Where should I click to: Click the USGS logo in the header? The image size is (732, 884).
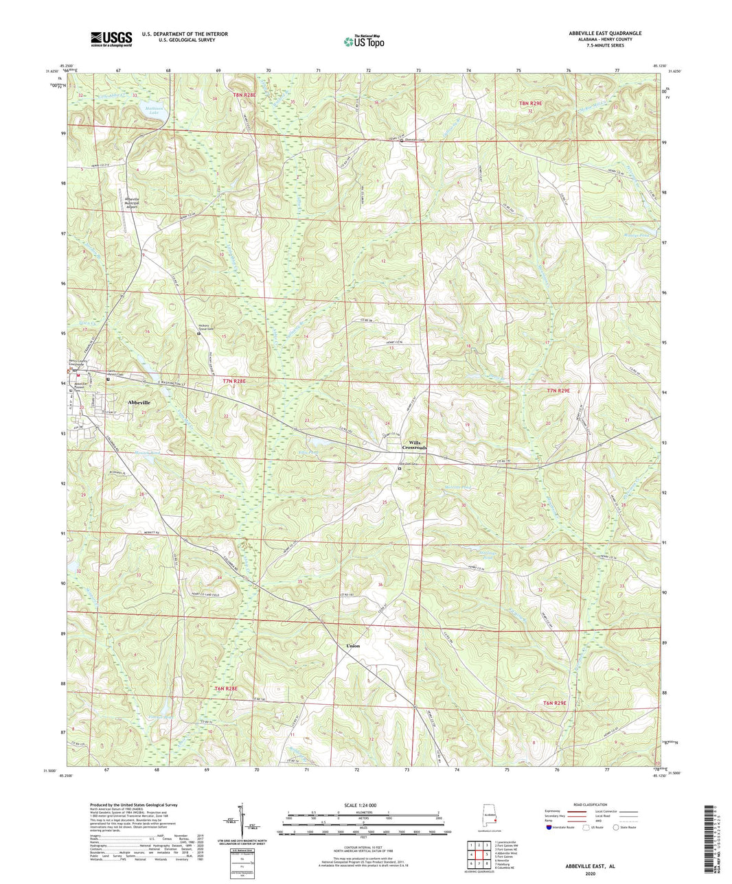coord(111,38)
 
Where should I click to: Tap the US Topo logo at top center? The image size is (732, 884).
coord(365,41)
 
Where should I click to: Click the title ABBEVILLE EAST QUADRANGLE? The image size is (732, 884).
coord(605,33)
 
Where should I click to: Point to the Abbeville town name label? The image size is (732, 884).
coord(142,403)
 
